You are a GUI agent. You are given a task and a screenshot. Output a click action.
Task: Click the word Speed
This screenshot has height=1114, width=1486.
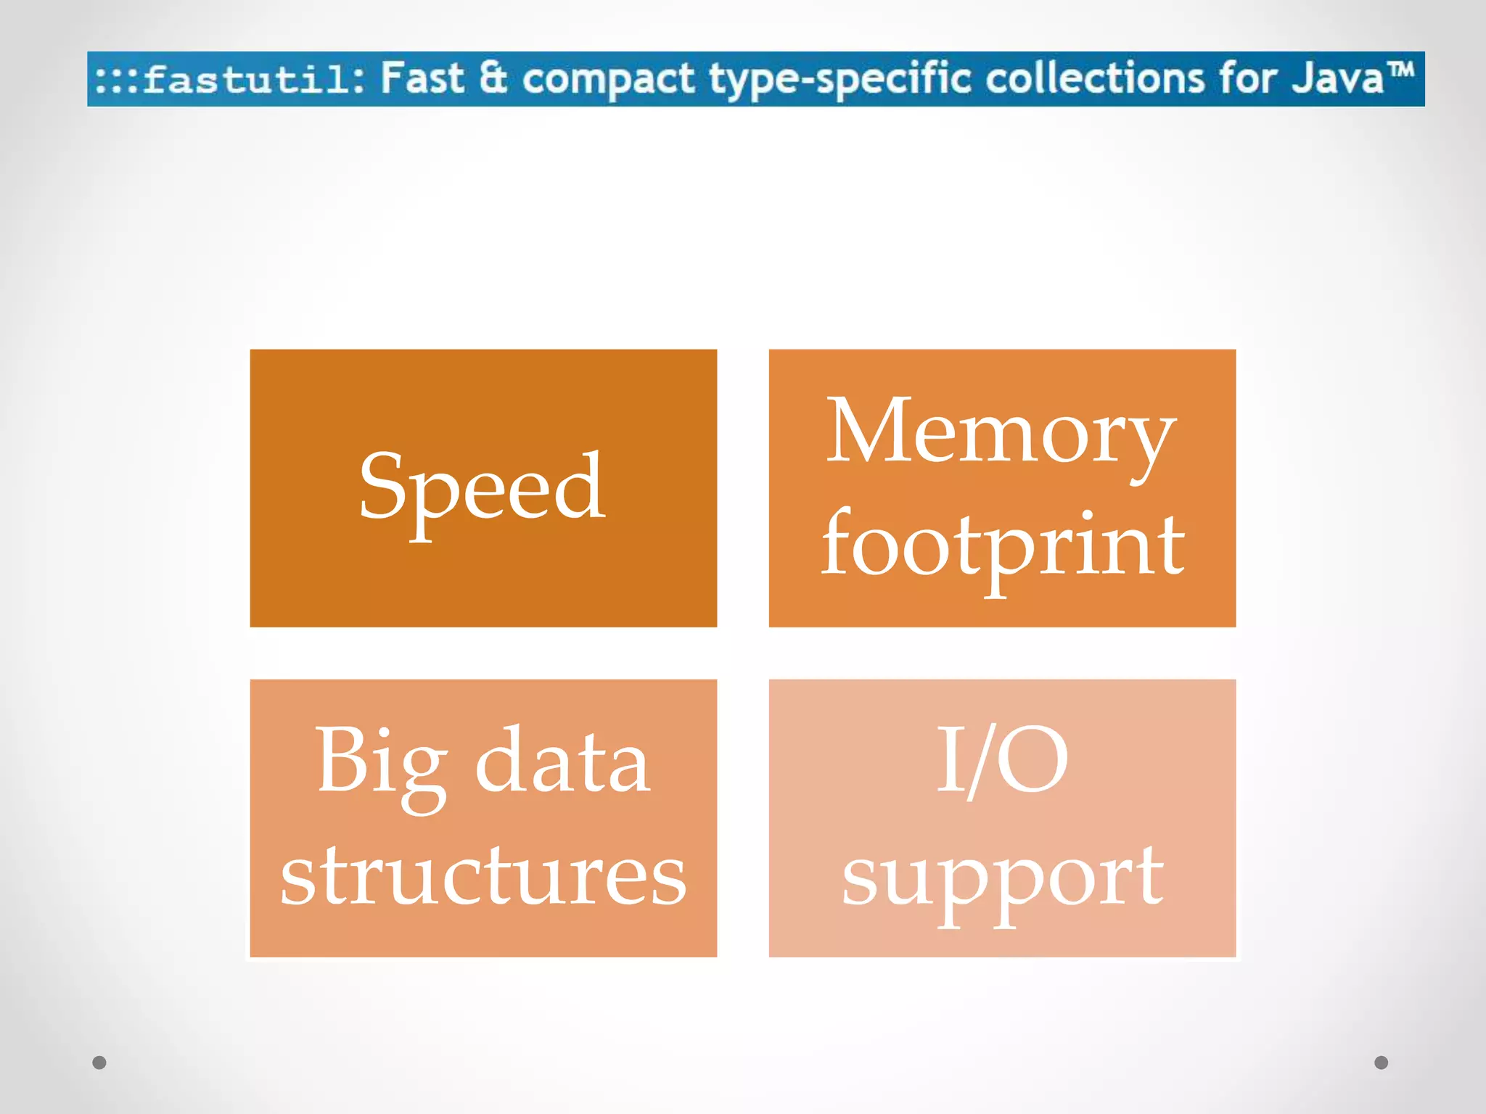(483, 487)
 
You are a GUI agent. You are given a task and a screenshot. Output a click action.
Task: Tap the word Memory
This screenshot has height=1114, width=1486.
(1001, 432)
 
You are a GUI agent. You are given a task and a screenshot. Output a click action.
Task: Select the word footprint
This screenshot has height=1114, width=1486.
(1003, 545)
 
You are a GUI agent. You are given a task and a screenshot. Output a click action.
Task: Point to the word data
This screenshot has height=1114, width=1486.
(562, 762)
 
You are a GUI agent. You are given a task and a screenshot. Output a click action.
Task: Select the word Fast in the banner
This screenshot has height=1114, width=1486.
(422, 78)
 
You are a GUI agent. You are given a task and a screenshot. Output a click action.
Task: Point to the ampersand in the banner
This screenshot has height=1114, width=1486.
(493, 78)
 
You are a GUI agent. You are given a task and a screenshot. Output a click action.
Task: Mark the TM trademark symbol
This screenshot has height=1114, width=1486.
(1402, 70)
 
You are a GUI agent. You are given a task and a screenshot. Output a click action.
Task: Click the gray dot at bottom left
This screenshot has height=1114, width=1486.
(99, 1063)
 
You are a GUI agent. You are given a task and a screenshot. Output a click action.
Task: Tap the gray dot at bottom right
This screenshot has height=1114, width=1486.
(1382, 1063)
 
